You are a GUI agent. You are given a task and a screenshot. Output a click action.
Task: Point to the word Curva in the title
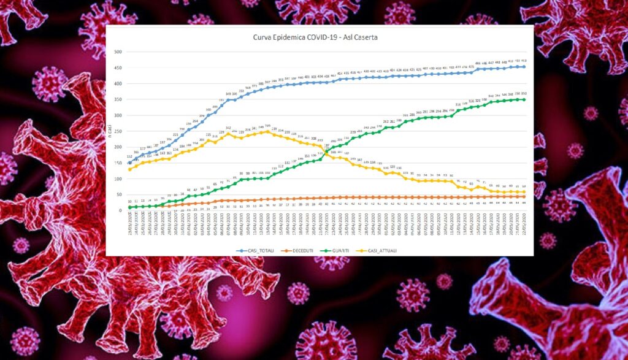(x=262, y=38)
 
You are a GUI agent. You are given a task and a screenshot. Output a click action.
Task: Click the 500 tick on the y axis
(x=118, y=52)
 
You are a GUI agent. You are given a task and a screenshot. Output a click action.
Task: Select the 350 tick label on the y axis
(x=118, y=99)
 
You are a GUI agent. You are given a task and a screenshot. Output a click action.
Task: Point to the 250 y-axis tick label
(x=118, y=131)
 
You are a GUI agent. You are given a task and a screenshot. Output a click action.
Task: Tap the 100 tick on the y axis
(x=118, y=178)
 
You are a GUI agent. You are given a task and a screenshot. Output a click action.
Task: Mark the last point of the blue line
(x=523, y=66)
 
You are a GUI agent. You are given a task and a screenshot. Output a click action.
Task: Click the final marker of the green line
(x=523, y=99)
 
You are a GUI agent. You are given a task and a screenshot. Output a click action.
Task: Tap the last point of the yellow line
(x=523, y=192)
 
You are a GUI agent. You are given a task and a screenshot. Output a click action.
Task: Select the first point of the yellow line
(x=129, y=169)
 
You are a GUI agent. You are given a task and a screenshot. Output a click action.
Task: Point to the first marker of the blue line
(x=129, y=163)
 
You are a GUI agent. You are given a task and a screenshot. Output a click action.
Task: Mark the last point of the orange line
(x=523, y=196)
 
